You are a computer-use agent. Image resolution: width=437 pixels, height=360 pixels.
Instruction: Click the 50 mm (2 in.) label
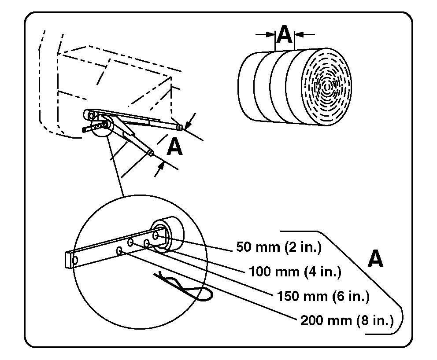tap(278, 247)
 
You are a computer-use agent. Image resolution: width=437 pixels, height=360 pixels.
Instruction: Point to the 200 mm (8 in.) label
tap(347, 320)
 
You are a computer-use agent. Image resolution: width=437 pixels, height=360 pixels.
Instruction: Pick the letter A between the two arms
tap(175, 148)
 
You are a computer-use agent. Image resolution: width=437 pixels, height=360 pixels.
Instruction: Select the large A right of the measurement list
tap(375, 259)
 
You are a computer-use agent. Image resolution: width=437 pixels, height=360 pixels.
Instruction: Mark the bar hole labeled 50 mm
tap(156, 237)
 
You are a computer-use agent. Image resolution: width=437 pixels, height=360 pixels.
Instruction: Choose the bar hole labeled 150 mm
tap(131, 242)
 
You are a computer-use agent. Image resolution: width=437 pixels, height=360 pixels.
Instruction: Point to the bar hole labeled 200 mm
tap(119, 250)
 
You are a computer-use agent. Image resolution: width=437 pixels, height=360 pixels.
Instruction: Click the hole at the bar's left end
tap(74, 260)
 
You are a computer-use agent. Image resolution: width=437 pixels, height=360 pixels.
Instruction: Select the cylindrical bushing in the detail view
tap(169, 233)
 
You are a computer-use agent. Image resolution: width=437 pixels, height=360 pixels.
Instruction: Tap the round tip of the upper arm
tap(180, 127)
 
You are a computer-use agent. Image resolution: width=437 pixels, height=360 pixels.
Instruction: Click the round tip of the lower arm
tap(151, 153)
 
